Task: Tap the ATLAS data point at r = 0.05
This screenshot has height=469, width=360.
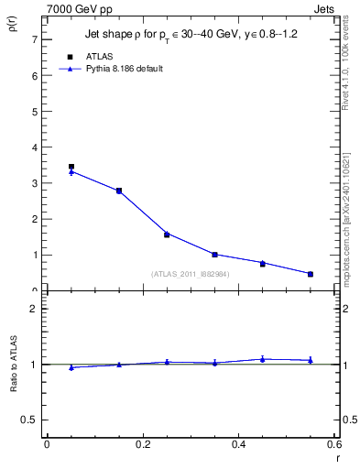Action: [x=71, y=167]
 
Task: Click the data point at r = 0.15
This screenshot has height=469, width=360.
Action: [x=119, y=191]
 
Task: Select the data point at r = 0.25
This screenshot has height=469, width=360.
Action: [x=167, y=234]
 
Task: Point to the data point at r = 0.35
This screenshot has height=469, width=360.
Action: [x=214, y=255]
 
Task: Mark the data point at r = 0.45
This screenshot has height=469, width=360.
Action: [x=263, y=263]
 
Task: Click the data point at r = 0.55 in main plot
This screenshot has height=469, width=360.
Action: [x=311, y=274]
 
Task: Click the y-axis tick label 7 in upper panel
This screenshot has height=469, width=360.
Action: [x=34, y=39]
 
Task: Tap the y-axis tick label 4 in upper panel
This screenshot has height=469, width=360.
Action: [x=34, y=147]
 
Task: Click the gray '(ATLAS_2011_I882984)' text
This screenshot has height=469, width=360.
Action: [x=191, y=274]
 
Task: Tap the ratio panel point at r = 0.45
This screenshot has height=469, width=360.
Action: [x=263, y=359]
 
